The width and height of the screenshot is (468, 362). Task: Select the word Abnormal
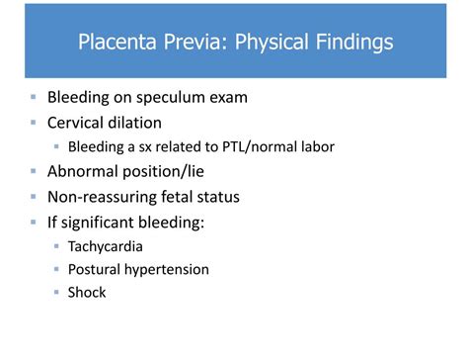(86, 171)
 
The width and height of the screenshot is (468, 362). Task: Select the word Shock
(87, 292)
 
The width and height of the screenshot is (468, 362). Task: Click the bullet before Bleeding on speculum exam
(34, 99)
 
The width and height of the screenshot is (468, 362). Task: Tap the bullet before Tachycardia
(57, 244)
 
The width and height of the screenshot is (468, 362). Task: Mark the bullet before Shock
(57, 292)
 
